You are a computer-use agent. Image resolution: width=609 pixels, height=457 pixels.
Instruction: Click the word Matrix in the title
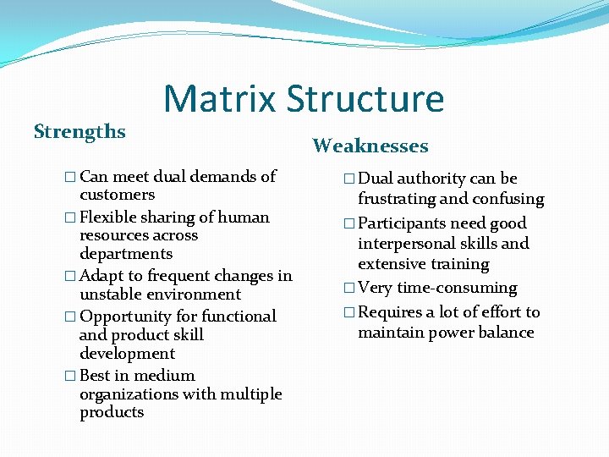pyautogui.click(x=220, y=98)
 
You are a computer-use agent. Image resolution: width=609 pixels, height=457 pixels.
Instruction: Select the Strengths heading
pyautogui.click(x=80, y=132)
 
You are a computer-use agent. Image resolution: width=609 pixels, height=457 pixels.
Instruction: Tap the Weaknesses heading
pyautogui.click(x=370, y=146)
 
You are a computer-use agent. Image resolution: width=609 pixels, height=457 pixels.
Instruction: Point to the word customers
pyautogui.click(x=117, y=195)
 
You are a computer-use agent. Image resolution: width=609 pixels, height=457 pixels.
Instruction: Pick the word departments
pyautogui.click(x=126, y=254)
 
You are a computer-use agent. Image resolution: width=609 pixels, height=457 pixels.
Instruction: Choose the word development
pyautogui.click(x=127, y=354)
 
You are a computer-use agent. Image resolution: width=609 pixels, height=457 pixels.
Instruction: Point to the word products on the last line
pyautogui.click(x=112, y=412)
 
